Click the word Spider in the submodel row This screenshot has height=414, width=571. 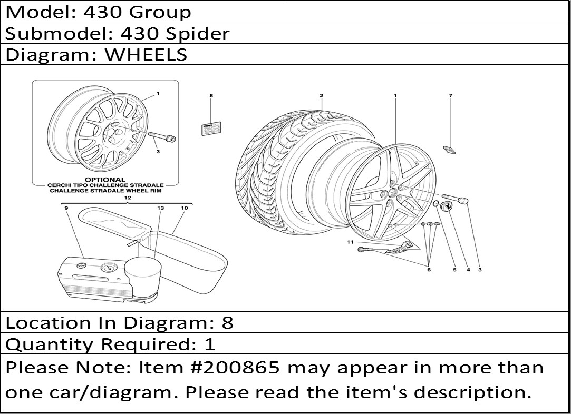click(198, 34)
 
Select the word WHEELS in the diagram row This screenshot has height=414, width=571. click(146, 55)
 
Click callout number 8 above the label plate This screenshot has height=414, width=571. click(211, 96)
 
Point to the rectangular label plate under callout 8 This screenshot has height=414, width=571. click(211, 129)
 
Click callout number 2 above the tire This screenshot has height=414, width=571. click(322, 96)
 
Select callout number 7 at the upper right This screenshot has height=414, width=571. click(450, 96)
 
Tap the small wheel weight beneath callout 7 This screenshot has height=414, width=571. click(449, 149)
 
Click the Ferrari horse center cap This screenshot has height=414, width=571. click(448, 206)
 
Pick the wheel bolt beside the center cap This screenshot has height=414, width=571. click(455, 198)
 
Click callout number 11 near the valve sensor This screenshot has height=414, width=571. click(350, 242)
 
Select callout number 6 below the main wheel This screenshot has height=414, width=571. click(429, 270)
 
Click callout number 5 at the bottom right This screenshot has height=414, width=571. click(454, 270)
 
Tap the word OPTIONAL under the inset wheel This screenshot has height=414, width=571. click(105, 180)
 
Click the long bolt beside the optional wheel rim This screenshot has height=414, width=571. click(162, 137)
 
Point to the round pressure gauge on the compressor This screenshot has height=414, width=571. click(108, 269)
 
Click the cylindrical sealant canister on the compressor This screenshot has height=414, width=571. click(142, 274)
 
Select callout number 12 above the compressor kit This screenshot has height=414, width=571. click(127, 198)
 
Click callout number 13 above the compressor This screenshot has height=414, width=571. click(161, 208)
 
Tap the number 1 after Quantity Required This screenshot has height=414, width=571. click(210, 344)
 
